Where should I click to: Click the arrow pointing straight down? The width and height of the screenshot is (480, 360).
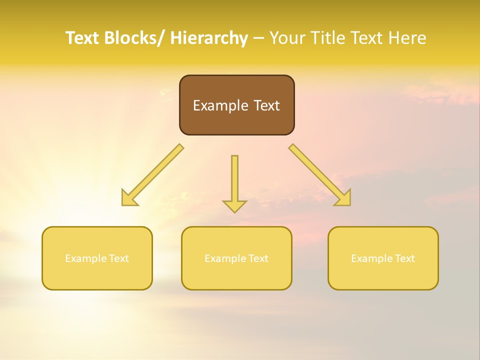tap(234, 182)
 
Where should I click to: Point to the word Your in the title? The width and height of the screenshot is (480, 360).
tap(287, 38)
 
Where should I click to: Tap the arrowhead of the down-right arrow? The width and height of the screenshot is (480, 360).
tap(344, 199)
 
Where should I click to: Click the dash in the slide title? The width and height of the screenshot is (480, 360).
tap(258, 38)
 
